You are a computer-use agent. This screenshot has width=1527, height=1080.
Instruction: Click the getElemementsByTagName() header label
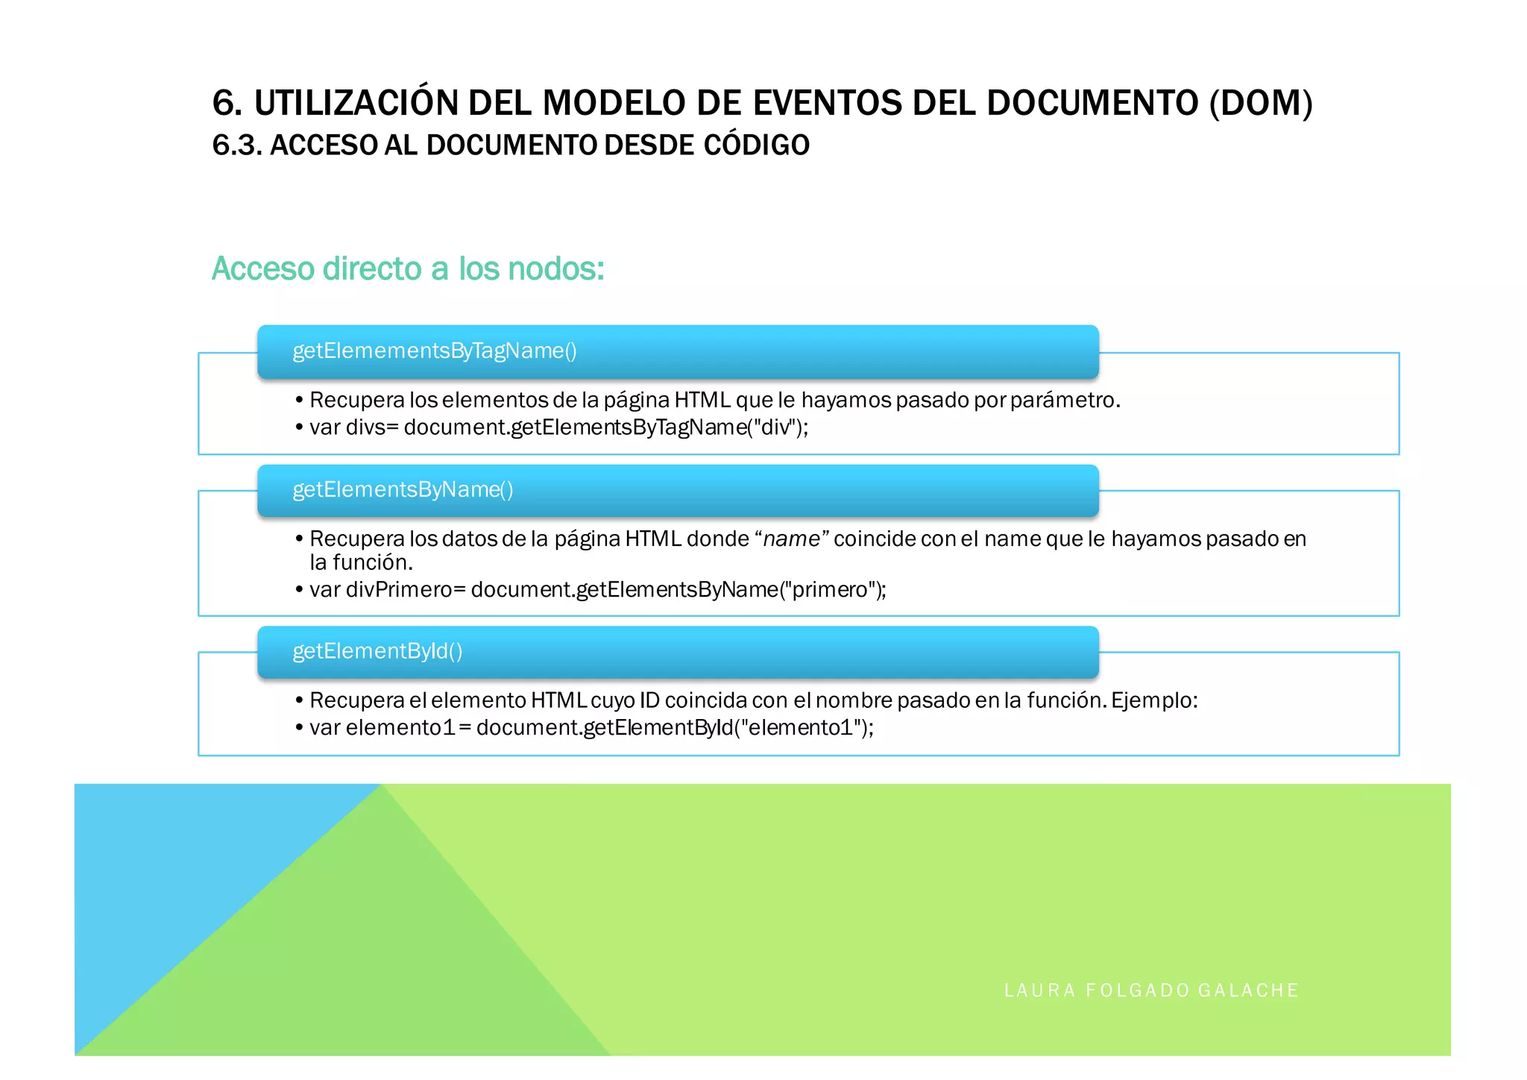point(435,351)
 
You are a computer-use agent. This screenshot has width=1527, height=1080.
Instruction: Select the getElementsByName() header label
point(403,490)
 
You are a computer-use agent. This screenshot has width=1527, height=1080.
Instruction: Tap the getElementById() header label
point(377,651)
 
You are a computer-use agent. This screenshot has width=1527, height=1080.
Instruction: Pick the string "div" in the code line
point(775,427)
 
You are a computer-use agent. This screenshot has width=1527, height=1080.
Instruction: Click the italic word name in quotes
point(791,539)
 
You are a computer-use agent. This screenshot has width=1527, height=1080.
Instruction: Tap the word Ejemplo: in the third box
point(1154,700)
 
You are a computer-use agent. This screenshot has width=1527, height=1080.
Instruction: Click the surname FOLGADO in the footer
point(1138,990)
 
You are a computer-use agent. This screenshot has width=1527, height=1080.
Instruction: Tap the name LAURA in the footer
point(1039,990)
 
